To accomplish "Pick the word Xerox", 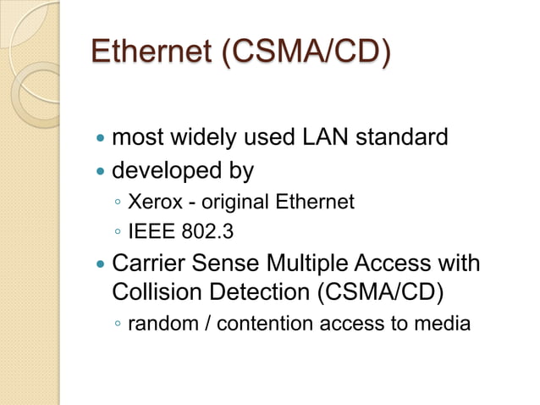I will coord(150,202).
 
